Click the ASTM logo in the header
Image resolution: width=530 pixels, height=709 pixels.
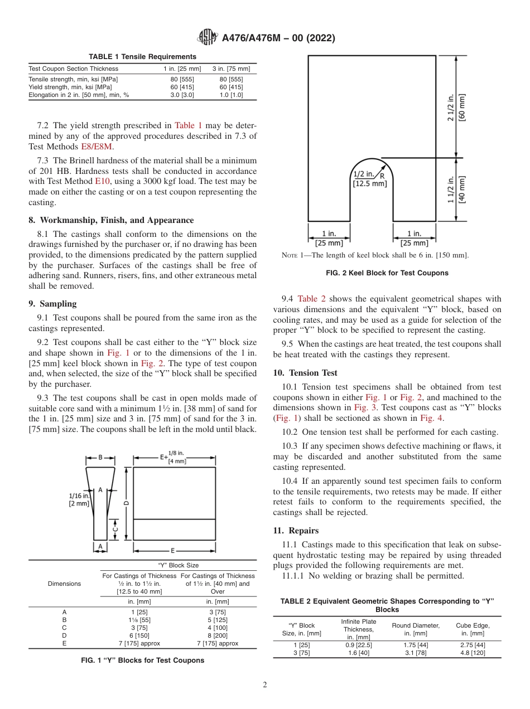[x=208, y=38]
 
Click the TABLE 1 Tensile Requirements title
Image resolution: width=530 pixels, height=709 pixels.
[x=142, y=57]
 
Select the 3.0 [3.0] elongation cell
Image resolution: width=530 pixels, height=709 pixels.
[x=182, y=95]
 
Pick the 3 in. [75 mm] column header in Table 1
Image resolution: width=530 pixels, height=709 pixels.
[x=231, y=69]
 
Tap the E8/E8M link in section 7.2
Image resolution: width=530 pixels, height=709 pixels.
[x=97, y=147]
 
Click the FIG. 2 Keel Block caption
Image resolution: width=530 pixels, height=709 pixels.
[x=387, y=273]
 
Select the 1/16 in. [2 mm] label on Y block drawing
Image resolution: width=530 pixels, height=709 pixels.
[x=79, y=499]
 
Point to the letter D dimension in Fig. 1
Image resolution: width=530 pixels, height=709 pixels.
[x=127, y=503]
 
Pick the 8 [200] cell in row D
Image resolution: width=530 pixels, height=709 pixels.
[x=218, y=635]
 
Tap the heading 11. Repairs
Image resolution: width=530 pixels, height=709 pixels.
[x=296, y=531]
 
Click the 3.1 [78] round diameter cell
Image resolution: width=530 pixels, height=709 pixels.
[x=416, y=653]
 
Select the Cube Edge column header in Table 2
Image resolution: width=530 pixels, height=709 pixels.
[x=473, y=629]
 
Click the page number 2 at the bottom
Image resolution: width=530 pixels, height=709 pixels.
[x=265, y=685]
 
